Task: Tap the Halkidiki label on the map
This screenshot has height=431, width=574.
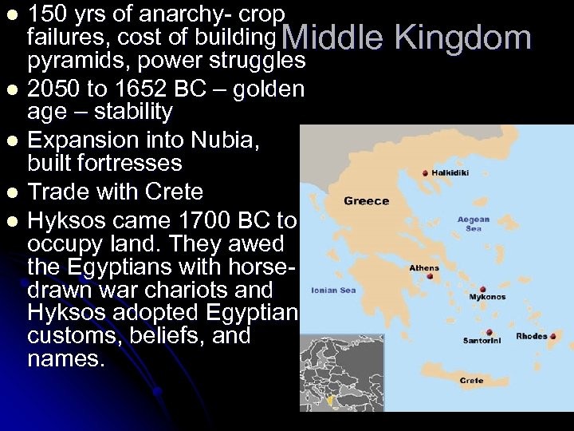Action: (x=452, y=172)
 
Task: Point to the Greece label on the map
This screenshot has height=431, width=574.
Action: (x=366, y=201)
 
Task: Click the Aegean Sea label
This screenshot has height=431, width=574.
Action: (x=474, y=223)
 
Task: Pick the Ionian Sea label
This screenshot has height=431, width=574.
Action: (x=333, y=290)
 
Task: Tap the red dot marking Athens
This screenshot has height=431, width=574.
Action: (x=431, y=277)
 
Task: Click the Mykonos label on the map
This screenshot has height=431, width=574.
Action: (x=487, y=297)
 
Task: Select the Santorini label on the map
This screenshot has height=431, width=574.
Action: (x=483, y=340)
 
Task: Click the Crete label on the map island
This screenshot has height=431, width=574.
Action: (x=471, y=381)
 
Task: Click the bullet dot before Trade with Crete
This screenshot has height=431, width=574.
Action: (x=11, y=192)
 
